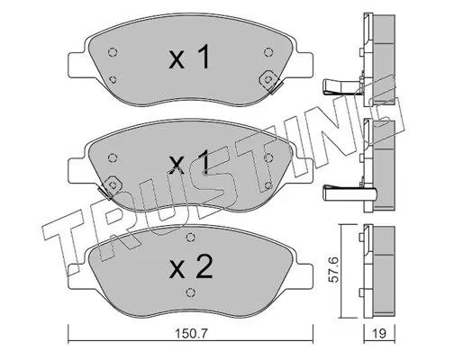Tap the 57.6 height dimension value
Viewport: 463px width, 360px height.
click(333, 269)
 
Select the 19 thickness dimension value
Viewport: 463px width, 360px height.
click(379, 333)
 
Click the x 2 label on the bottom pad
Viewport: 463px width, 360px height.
click(191, 266)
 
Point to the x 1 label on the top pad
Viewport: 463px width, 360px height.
click(189, 56)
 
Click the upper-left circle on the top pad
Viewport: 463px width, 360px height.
click(113, 52)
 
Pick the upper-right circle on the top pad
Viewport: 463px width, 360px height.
click(268, 52)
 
